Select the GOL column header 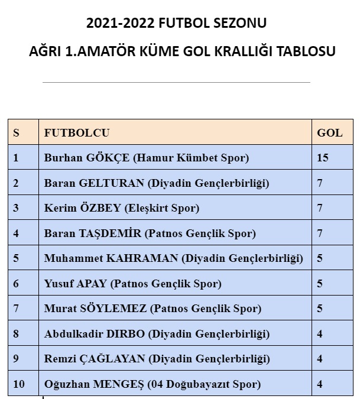[x=329, y=133]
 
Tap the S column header [x=16, y=133]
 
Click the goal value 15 [x=323, y=158]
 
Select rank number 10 [x=19, y=384]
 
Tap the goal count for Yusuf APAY [x=320, y=284]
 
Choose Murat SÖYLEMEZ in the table [x=96, y=309]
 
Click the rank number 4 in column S [x=16, y=233]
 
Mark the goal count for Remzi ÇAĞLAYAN [x=320, y=359]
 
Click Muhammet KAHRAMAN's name [x=111, y=258]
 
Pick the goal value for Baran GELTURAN [x=320, y=183]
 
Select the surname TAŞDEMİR [x=110, y=233]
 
